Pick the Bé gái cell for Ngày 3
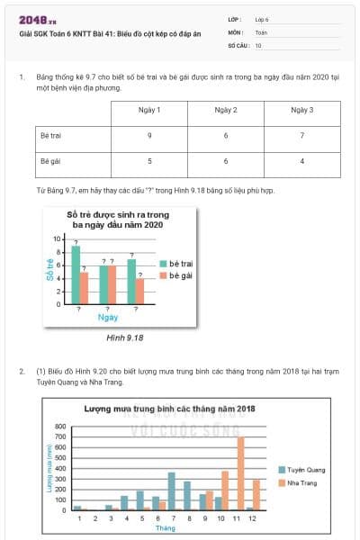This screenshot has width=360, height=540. (x=301, y=162)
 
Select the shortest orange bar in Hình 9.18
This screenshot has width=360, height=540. (x=139, y=292)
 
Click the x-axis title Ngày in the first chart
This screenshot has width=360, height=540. (x=108, y=318)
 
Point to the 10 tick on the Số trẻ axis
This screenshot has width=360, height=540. (x=57, y=239)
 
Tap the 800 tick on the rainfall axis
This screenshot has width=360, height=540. (x=61, y=426)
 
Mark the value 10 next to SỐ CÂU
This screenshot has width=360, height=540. (x=259, y=44)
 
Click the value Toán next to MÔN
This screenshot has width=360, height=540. (x=261, y=31)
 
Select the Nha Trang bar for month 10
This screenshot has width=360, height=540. (x=224, y=490)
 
